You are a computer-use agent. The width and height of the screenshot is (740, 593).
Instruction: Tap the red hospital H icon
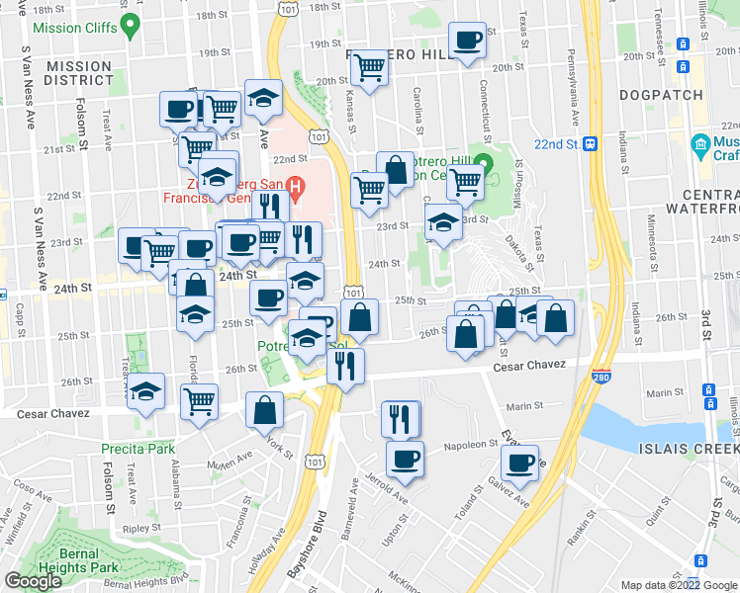pos(295,186)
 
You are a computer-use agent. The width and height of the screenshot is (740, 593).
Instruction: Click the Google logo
pos(34,580)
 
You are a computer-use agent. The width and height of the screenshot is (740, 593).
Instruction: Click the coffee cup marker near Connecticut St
pos(467,42)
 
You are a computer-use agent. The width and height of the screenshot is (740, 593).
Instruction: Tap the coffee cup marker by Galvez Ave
pos(519,462)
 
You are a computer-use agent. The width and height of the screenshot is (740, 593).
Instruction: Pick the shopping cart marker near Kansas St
pos(369,68)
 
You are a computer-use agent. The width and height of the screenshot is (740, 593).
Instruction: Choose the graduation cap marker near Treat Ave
pos(146,390)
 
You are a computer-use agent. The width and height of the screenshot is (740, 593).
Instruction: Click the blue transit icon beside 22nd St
pos(590,143)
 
